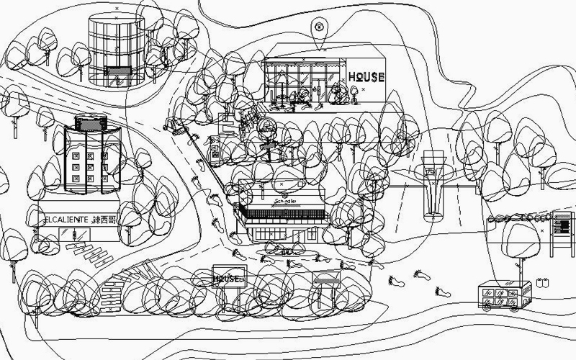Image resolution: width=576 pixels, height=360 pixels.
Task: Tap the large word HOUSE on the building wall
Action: click(366, 77)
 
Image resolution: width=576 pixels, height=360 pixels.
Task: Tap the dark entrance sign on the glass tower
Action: click(117, 71)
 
